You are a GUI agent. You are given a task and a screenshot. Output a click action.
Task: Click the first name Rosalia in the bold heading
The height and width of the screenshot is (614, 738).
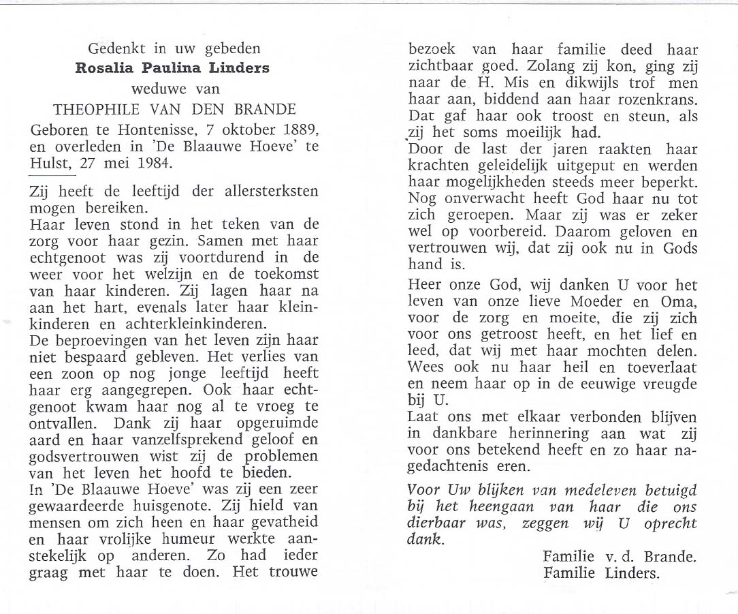105,68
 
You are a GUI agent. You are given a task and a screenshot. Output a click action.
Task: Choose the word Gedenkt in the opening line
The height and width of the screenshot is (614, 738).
115,48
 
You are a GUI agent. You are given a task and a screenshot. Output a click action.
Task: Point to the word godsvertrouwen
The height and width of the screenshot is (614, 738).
86,456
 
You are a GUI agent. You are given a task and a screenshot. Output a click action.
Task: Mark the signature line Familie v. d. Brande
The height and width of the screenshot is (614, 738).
619,557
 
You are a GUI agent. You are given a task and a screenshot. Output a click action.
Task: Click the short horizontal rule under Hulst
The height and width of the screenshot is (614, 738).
52,176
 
